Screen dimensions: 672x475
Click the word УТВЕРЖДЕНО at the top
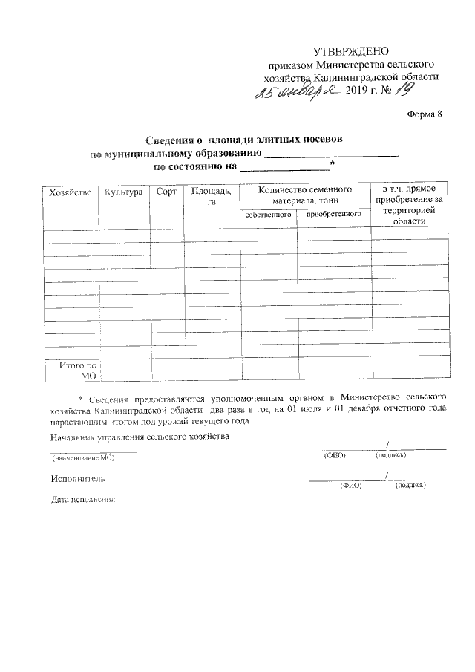352,51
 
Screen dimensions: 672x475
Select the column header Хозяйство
69,192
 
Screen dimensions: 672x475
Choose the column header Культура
123,192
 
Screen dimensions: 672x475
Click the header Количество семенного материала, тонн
304,196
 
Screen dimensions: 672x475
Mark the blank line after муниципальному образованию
331,154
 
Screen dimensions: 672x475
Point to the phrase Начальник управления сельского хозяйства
140,437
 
